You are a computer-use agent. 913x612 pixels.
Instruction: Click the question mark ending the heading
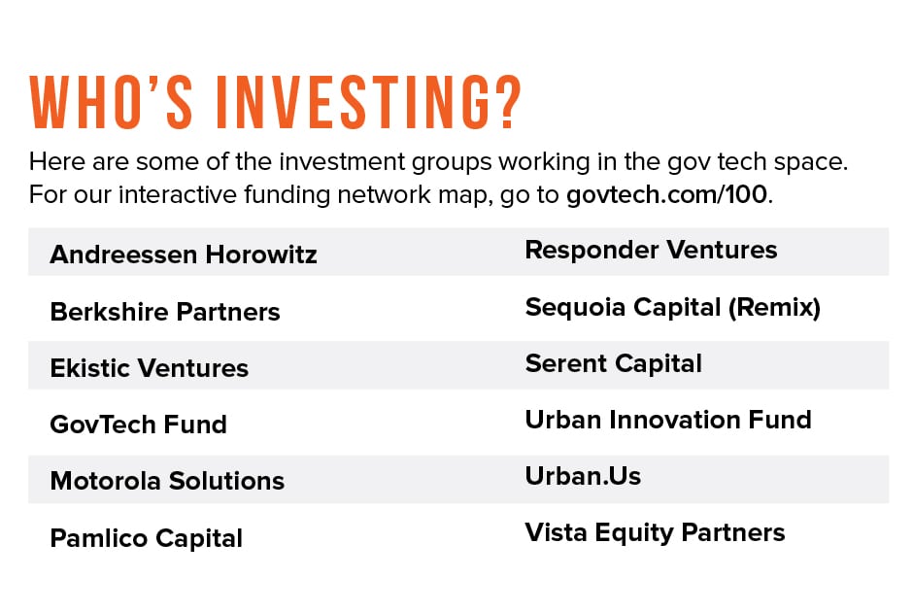501,101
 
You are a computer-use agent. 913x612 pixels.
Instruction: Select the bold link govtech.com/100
666,193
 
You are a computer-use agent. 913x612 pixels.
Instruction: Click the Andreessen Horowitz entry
184,255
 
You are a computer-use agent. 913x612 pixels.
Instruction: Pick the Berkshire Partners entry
165,312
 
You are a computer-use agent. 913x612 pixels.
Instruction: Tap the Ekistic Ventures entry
150,368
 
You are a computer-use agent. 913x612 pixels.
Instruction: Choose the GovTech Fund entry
138,425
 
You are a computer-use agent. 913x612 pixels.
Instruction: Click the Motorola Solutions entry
167,481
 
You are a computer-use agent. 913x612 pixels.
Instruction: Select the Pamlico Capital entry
146,538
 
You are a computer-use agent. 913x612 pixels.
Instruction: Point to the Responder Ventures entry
651,250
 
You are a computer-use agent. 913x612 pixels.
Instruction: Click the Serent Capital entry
613,363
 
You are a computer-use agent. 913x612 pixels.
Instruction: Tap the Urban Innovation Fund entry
668,420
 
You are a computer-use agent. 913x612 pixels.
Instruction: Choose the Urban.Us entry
583,476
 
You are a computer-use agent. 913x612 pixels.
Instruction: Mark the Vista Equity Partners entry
655,532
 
